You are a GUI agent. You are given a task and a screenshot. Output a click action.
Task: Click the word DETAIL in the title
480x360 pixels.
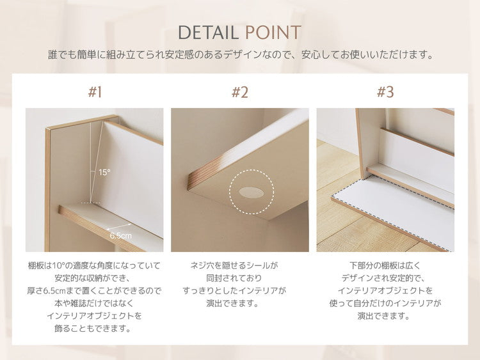pos(209,33)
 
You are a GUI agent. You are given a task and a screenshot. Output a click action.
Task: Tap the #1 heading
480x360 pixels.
pos(95,92)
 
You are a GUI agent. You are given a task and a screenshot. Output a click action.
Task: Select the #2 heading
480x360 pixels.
pos(239,92)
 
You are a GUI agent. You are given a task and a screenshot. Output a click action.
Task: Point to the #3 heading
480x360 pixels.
pos(385,92)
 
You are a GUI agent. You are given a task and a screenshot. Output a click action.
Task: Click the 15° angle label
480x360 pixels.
pos(104,172)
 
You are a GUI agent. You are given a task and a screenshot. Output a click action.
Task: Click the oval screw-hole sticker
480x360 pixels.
pos(251,191)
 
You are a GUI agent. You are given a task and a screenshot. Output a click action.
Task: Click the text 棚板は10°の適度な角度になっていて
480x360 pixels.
pos(94,265)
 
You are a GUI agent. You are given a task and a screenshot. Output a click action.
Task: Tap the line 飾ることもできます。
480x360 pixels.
pos(94,329)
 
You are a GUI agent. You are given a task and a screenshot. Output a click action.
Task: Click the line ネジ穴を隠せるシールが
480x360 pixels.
pos(239,265)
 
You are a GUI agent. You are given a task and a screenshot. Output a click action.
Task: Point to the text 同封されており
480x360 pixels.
pos(239,278)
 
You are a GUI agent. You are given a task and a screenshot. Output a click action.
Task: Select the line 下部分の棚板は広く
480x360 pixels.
pos(385,265)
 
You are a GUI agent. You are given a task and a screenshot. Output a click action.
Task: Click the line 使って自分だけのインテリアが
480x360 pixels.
pos(385,303)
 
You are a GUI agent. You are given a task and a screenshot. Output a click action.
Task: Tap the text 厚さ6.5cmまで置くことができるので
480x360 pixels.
pos(94,290)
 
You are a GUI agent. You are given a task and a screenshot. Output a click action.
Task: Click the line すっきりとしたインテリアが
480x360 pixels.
pos(239,290)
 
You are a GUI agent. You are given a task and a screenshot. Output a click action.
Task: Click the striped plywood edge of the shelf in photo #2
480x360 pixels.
pos(195,178)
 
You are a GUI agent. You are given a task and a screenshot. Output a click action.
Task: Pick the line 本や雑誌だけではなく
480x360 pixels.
pos(94,303)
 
